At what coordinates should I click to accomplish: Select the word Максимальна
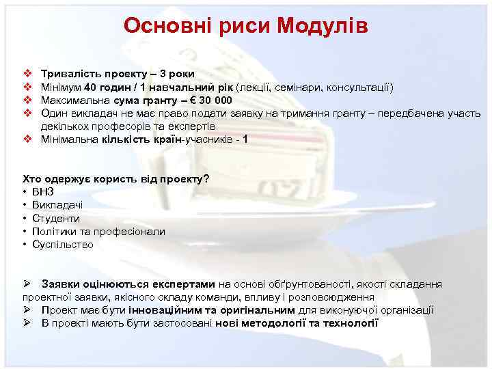(x=74, y=100)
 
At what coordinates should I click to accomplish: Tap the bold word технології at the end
(x=349, y=323)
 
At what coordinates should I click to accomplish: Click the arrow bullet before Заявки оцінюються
(x=27, y=284)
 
